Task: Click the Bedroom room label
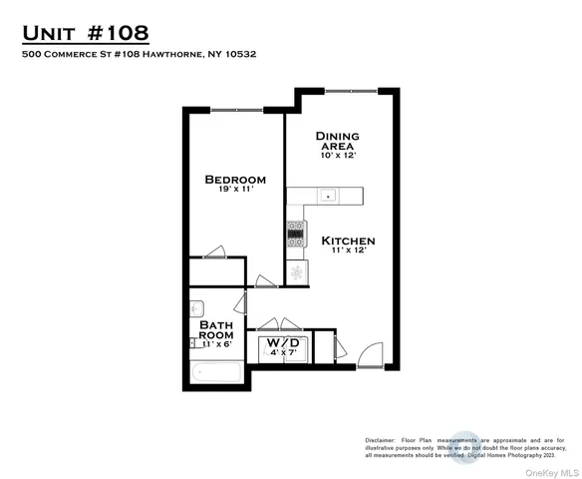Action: point(235,180)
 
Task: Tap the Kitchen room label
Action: point(347,240)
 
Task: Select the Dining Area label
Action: point(337,141)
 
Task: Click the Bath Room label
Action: point(215,330)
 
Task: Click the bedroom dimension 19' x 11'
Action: point(234,193)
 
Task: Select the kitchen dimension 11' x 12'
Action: point(347,251)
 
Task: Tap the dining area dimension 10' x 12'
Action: point(337,156)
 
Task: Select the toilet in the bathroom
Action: point(195,306)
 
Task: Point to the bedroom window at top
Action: point(235,110)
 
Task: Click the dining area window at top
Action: point(351,90)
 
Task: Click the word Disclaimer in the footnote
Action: point(380,439)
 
